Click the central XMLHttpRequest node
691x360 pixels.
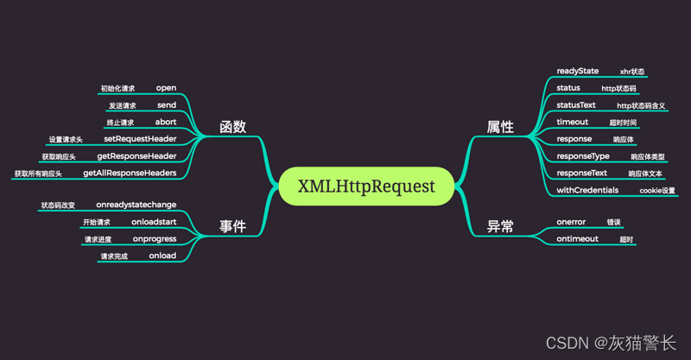tap(366, 186)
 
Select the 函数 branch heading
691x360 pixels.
tap(232, 127)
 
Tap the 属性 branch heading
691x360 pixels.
tap(500, 127)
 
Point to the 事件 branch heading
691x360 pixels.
tap(232, 226)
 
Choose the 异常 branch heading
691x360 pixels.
tap(500, 226)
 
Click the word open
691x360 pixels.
tap(166, 88)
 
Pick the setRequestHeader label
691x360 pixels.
tap(140, 139)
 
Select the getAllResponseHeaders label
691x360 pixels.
tap(130, 174)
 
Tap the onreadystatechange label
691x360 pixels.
tap(136, 205)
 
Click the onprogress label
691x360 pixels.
tap(155, 239)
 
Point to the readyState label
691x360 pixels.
tap(577, 71)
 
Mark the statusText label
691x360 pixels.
tap(576, 104)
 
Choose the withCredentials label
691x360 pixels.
tap(587, 190)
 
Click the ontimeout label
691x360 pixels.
tap(577, 239)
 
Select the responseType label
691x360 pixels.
tap(583, 156)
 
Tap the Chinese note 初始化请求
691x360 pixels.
tap(117, 89)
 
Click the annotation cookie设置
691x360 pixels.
tap(657, 190)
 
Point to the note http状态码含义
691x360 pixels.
tap(641, 105)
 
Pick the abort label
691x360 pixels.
tap(166, 122)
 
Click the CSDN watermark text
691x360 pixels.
tap(611, 343)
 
